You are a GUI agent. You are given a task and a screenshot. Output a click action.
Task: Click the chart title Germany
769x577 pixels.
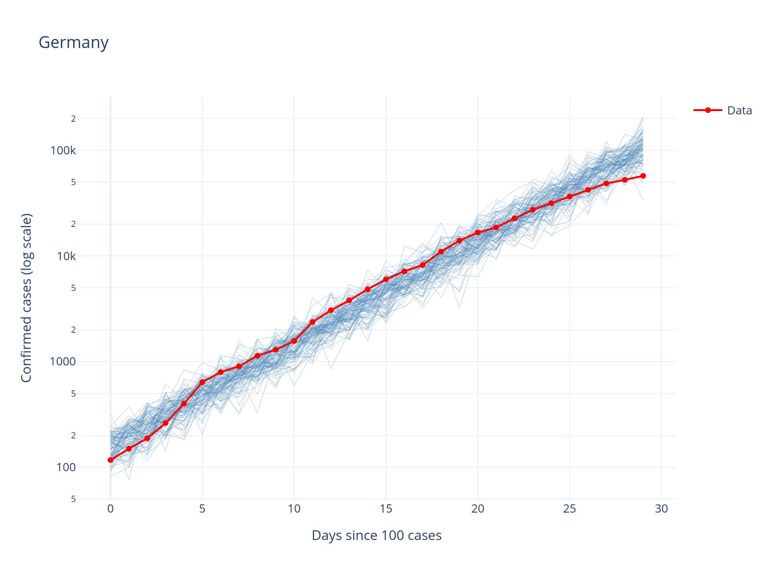(x=74, y=43)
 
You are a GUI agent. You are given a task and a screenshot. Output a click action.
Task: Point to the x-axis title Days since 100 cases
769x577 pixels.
(x=376, y=535)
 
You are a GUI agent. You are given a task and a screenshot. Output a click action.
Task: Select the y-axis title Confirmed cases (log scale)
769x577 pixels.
(x=26, y=298)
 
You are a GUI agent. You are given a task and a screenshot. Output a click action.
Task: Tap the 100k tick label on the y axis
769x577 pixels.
(x=63, y=151)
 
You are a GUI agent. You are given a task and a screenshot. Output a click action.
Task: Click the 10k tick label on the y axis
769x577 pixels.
(x=66, y=256)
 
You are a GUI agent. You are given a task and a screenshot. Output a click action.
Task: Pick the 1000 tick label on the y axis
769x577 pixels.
(x=63, y=362)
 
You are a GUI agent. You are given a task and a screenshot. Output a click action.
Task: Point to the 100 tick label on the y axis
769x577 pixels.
(x=66, y=467)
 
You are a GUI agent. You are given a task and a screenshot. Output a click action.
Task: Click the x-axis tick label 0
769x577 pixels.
(x=111, y=509)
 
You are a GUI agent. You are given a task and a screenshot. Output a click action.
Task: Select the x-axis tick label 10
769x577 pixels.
(x=294, y=509)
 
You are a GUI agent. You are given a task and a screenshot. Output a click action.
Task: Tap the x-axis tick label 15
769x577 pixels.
(x=386, y=509)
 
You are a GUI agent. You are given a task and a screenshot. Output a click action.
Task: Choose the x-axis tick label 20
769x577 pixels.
(x=478, y=509)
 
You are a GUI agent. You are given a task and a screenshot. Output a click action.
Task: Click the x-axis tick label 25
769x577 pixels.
(x=570, y=509)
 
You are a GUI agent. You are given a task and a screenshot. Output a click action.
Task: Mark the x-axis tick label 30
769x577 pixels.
(x=661, y=509)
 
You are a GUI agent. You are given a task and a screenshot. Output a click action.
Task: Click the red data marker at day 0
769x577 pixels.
(x=111, y=460)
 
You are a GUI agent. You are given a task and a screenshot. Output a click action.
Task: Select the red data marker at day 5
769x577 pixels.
(x=202, y=382)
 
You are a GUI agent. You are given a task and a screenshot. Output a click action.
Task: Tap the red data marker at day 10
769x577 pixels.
(x=294, y=341)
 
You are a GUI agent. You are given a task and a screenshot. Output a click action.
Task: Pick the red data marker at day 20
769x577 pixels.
(x=478, y=233)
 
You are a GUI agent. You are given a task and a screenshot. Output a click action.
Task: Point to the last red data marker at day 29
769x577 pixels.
(x=643, y=176)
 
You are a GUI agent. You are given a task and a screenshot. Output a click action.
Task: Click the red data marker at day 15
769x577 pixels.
(x=386, y=279)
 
